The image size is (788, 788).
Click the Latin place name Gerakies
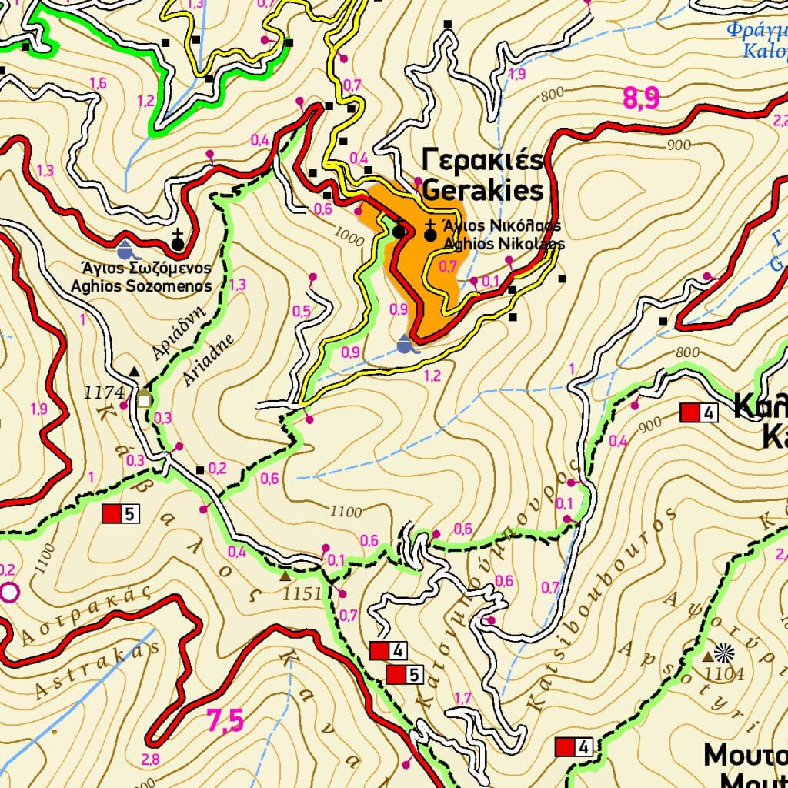pos(483,190)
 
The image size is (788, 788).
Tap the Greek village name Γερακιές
pos(483,161)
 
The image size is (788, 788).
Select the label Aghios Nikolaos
pos(504,243)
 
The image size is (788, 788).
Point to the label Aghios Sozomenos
pos(141,285)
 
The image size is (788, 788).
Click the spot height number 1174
pos(104,392)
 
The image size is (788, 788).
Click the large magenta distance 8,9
pos(641,98)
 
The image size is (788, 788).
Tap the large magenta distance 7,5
pos(225,721)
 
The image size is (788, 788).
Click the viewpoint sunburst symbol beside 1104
pos(724,653)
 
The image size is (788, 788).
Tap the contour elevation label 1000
pos(350,239)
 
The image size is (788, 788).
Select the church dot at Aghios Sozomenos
pos(178,244)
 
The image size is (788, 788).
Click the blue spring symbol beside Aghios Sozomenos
pos(125,249)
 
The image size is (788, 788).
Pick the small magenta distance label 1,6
pos(98,83)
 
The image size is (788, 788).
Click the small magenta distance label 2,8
pos(150,760)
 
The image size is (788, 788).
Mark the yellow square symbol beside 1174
pos(143,399)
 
